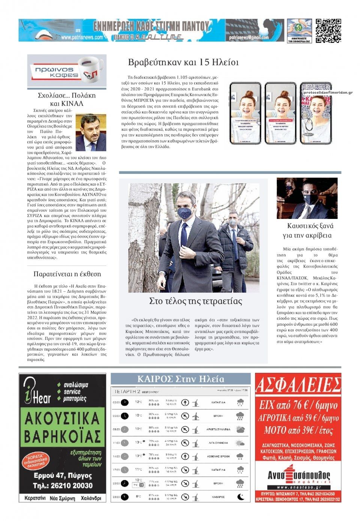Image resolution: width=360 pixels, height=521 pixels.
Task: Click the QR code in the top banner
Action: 328,30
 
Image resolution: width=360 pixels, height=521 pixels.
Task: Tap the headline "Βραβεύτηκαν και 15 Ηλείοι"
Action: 183,62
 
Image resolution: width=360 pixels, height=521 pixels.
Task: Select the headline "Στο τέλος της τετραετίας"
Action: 196,301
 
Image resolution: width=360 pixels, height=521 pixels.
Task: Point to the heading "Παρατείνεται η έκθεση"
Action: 67,274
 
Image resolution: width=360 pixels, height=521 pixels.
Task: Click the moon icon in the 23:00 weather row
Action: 240,497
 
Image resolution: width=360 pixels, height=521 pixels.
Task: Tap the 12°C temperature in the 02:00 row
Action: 138,402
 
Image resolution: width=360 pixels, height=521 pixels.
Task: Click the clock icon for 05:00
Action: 124,416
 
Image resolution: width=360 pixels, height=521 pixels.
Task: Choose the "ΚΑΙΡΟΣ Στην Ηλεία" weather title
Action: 181,379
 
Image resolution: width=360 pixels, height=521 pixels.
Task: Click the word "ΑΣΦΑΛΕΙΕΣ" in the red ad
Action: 298,385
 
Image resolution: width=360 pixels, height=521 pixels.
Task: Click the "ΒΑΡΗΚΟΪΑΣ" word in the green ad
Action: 63,436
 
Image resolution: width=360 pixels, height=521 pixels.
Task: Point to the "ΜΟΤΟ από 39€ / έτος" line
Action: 298,430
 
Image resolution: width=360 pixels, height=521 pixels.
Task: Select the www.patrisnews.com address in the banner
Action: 82,37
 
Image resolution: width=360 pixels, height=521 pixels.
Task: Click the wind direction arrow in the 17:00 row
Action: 184,470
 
